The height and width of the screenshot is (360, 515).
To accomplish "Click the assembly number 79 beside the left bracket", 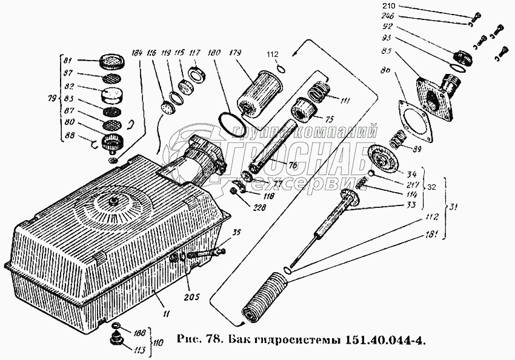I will point(52,99).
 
